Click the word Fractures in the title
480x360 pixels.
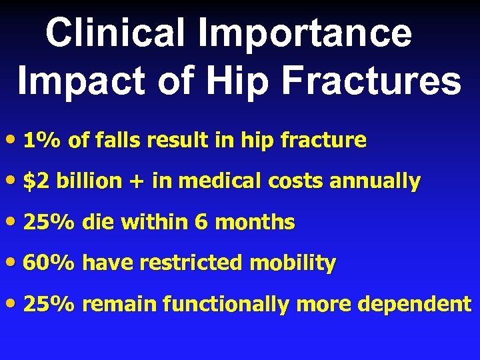tap(377, 81)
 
